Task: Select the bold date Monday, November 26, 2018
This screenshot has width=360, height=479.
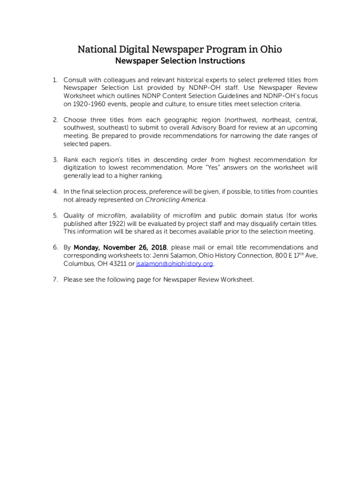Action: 120,247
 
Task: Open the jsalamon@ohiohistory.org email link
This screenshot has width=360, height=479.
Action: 174,264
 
